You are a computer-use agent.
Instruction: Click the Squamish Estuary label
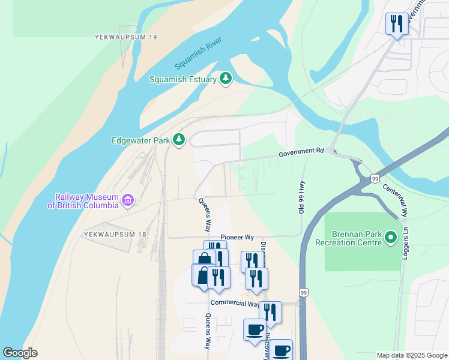pos(184,79)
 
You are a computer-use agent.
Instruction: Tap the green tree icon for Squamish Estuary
pos(226,78)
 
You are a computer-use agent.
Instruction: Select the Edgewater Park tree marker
pos(178,140)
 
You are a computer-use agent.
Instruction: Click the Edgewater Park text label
pos(140,141)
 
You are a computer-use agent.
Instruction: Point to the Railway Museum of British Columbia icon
pos(127,200)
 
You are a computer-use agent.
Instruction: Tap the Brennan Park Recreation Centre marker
pos(391,238)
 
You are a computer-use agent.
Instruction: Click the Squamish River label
pos(199,53)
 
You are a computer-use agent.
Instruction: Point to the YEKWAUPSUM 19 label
pos(126,37)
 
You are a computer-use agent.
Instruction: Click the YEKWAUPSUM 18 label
pos(115,234)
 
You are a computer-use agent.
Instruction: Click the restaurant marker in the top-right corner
pos(395,25)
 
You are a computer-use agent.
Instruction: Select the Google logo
pos(20,353)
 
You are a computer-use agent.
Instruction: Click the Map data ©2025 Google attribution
pos(412,355)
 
